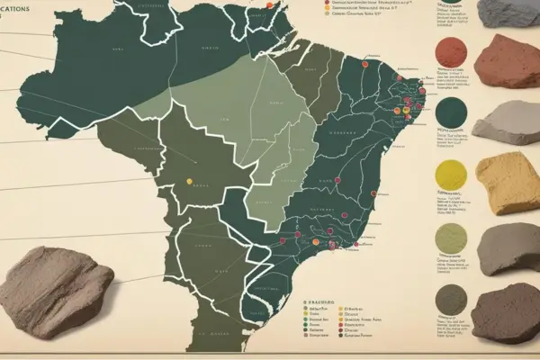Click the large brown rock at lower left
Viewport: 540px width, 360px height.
(56, 289)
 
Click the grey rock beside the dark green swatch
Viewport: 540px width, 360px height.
(509, 122)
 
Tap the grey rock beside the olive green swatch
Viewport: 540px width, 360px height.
(509, 247)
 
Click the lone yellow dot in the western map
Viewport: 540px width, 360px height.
(190, 181)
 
